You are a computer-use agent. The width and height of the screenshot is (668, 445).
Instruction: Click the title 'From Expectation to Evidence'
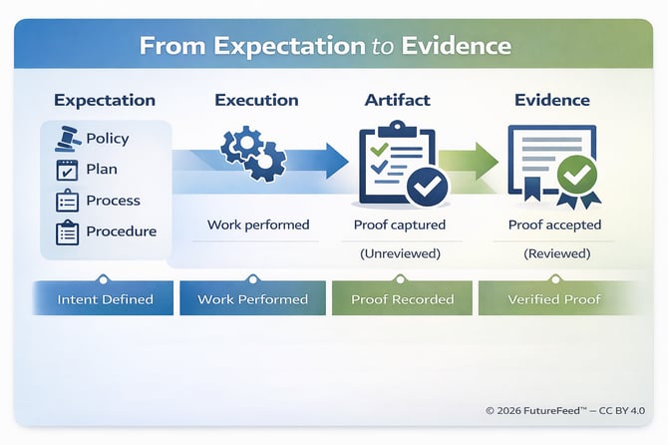click(325, 46)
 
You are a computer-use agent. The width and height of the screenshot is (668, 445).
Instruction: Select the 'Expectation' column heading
click(105, 100)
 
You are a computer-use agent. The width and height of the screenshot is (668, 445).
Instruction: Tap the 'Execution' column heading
click(256, 100)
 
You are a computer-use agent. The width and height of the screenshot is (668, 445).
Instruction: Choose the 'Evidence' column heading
click(551, 100)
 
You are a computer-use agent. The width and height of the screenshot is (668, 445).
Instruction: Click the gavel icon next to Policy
click(67, 139)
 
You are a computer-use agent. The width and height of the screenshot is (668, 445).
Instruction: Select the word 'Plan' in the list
click(102, 170)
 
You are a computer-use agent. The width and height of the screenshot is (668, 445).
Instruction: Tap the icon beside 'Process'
click(67, 201)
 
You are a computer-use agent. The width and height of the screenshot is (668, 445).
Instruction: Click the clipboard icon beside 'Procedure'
click(67, 231)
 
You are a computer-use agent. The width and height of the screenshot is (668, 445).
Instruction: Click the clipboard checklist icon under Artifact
click(396, 162)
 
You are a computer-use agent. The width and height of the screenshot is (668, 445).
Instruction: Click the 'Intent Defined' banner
click(104, 299)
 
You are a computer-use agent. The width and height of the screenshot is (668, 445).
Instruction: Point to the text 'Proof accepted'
click(555, 224)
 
